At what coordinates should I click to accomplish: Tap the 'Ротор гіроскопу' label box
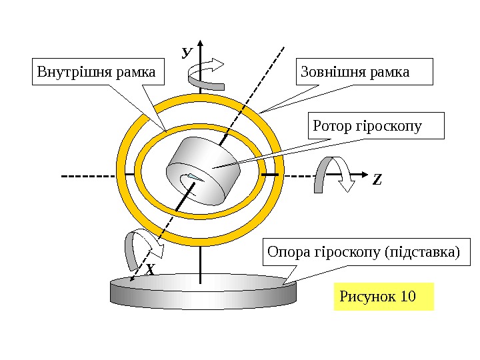click(x=376, y=125)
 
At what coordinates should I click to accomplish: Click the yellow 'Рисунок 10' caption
click(x=383, y=296)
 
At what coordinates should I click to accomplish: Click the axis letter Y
click(x=187, y=51)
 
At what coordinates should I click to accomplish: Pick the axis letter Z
click(x=377, y=180)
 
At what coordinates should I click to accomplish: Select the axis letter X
click(x=150, y=269)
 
